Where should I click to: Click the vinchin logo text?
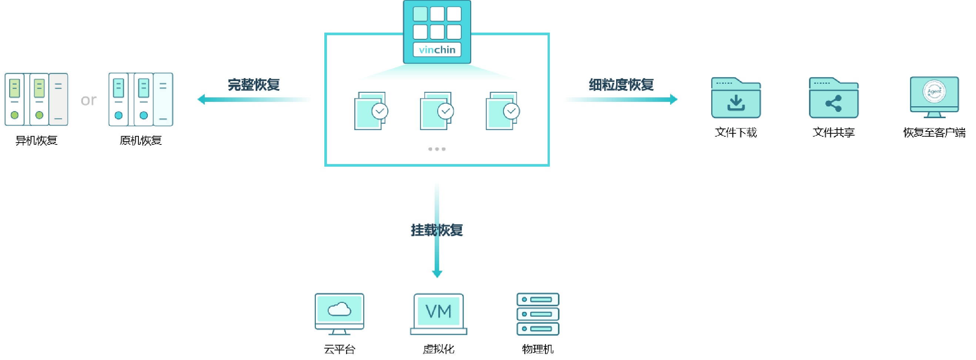pos(437,50)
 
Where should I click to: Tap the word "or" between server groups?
pos(88,100)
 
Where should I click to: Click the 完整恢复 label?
pos(254,84)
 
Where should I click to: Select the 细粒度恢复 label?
pos(621,84)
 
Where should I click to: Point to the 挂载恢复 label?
pos(437,230)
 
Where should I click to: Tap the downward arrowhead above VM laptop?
pos(437,274)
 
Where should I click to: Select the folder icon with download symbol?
pos(736,98)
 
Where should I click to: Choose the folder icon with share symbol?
pos(833,98)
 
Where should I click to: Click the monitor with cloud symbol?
pos(340,313)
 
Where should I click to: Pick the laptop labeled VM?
pos(439,314)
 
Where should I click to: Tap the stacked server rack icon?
pos(538,314)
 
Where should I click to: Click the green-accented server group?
pos(36,99)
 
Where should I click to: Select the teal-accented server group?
pos(141,99)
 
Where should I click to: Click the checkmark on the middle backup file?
pos(445,111)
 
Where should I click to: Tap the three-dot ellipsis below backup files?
pos(437,149)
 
